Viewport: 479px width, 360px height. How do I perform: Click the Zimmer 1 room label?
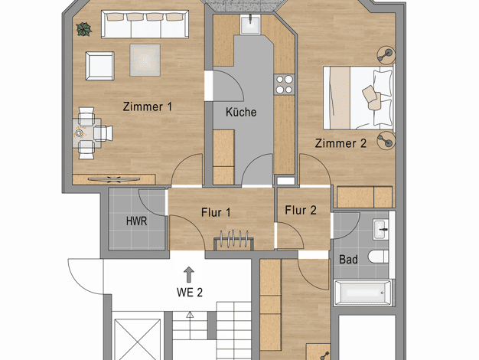point(147,106)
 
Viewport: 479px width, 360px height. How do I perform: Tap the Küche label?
point(241,112)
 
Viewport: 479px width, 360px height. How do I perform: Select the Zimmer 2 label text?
point(341,143)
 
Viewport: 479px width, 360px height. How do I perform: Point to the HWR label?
point(136,221)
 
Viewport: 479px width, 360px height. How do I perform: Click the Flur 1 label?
point(216,213)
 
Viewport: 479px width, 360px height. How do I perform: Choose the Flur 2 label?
point(301,210)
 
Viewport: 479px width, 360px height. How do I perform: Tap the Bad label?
point(348,260)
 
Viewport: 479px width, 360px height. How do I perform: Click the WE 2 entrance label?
point(190,293)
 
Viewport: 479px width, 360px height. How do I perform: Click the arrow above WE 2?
point(189,274)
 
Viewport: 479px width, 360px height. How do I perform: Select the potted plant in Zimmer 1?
point(84,29)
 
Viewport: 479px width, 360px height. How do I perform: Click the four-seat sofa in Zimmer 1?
point(145,25)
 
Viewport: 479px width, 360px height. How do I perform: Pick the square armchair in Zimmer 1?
point(100,66)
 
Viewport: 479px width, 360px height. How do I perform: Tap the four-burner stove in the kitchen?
point(285,85)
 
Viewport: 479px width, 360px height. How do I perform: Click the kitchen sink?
point(250,25)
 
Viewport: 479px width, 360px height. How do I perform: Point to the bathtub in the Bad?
point(363,293)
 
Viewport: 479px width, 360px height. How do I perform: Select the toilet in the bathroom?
point(378,257)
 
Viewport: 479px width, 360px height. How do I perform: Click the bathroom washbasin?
point(380,229)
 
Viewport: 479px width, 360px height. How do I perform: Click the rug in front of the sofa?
point(145,60)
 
